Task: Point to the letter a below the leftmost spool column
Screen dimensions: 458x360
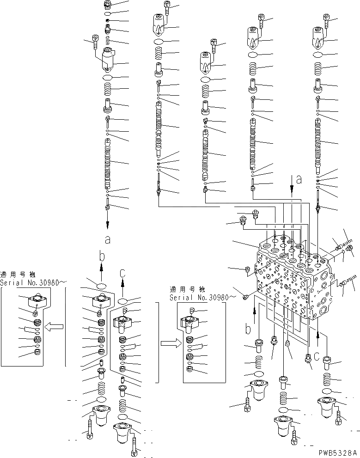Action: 108,239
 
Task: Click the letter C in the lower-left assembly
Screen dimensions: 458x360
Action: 122,274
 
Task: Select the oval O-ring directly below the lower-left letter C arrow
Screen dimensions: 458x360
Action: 122,302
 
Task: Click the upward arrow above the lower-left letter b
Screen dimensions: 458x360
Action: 103,270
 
